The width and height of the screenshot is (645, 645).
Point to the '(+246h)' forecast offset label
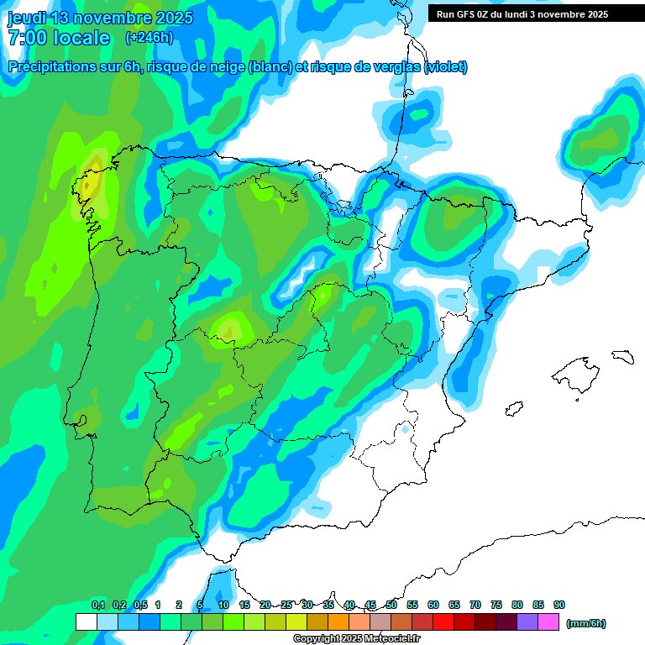point(149,38)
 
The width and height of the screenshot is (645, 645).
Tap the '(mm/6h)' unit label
point(586,623)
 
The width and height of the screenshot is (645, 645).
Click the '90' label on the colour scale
point(559,605)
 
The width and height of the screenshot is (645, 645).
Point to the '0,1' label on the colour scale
point(98,605)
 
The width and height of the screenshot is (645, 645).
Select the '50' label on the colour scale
point(391,605)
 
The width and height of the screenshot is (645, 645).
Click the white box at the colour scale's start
point(86,622)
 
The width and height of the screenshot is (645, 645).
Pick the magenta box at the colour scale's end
point(549,622)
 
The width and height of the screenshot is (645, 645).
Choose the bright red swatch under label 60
point(443,622)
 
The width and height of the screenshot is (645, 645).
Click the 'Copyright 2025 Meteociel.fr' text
point(357,639)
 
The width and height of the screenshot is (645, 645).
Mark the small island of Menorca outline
point(622,356)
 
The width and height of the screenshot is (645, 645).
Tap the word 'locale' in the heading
point(81,38)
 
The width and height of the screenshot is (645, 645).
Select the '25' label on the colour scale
point(286,605)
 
